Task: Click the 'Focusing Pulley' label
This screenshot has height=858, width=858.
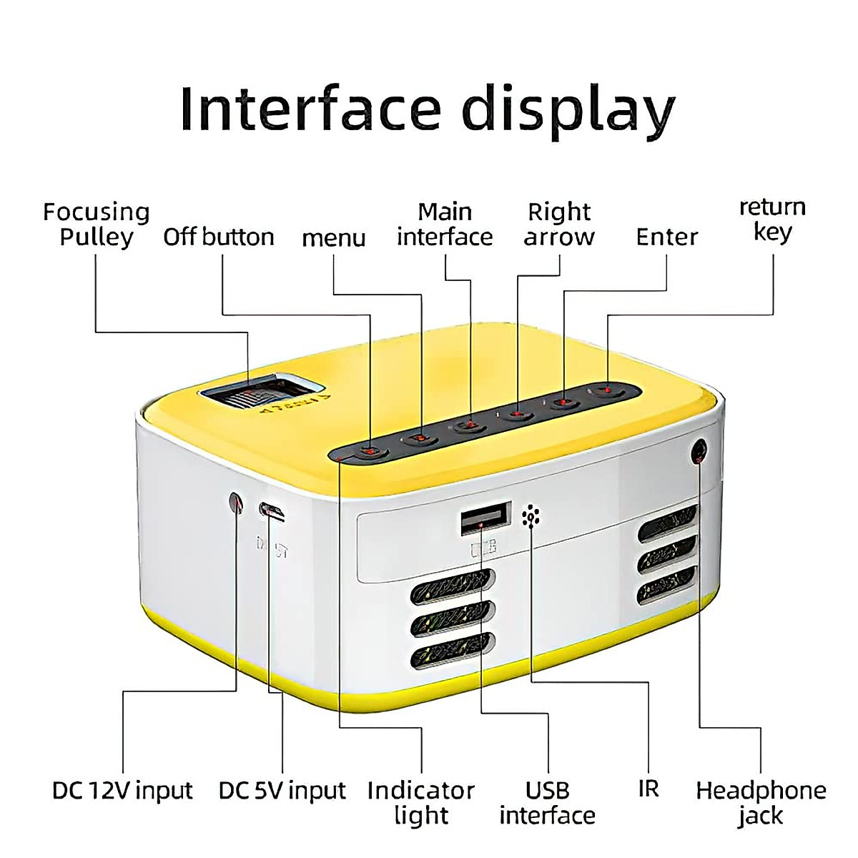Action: click(x=96, y=225)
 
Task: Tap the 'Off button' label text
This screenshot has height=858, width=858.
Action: click(x=218, y=237)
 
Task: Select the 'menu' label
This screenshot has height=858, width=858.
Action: click(x=333, y=237)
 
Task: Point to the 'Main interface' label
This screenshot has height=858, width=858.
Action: click(x=445, y=225)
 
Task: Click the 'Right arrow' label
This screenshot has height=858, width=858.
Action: click(x=559, y=225)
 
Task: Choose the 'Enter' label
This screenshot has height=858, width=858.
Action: click(x=666, y=237)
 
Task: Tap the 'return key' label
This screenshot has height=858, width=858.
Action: click(x=772, y=220)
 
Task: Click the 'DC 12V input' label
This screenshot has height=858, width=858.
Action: click(x=122, y=791)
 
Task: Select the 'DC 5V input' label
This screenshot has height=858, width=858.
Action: click(x=282, y=791)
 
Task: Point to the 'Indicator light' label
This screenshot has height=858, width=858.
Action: click(x=420, y=802)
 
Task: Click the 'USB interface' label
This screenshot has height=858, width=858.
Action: click(x=547, y=802)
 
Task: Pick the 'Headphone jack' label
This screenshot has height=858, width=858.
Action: click(x=761, y=802)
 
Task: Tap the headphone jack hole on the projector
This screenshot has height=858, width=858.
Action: click(x=699, y=452)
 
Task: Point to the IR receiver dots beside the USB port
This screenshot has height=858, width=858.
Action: click(x=531, y=519)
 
